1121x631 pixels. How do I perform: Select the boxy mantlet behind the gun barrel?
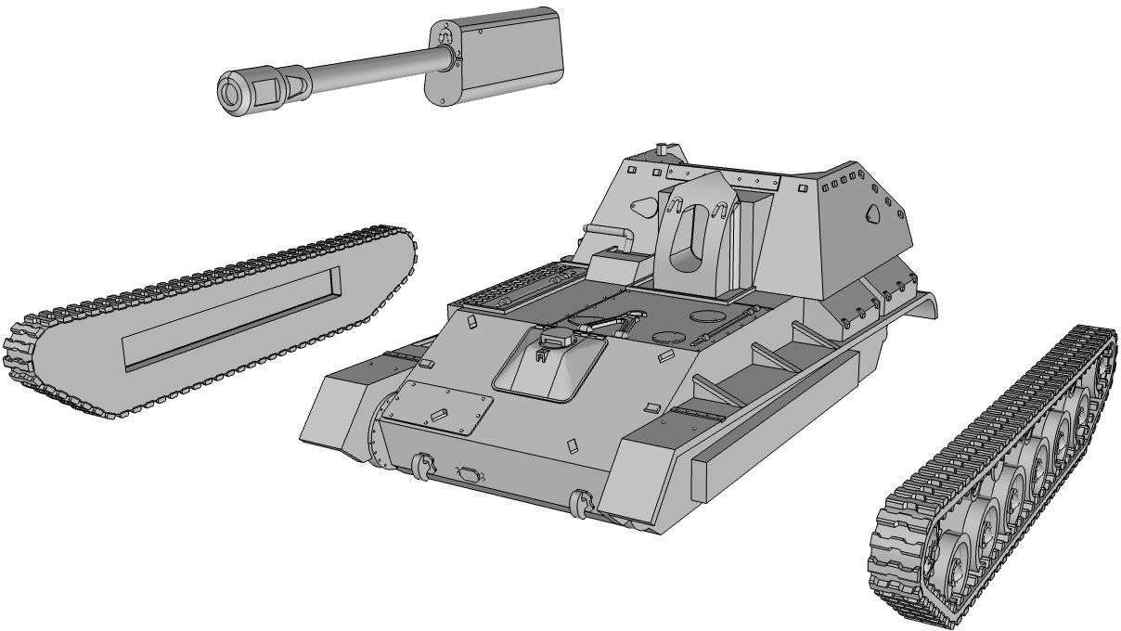click(496, 54)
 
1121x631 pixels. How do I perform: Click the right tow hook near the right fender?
click(581, 503)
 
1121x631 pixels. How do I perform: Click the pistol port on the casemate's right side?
click(871, 214)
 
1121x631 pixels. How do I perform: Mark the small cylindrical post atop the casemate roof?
click(662, 149)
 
